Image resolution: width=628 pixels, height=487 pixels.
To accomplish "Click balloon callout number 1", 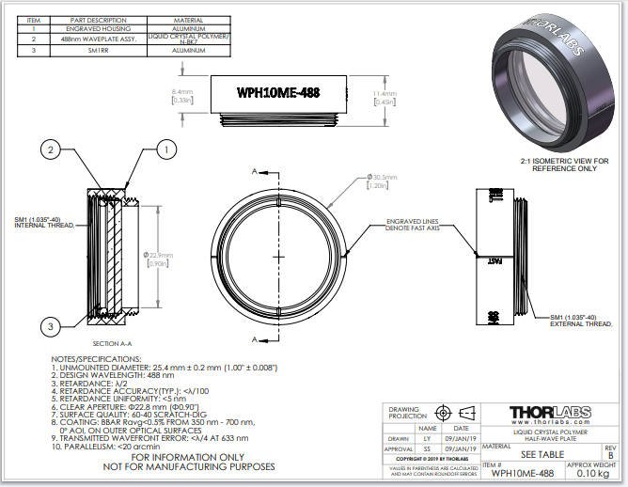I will point(166,149).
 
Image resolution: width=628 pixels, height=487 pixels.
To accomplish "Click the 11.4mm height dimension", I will point(384,98).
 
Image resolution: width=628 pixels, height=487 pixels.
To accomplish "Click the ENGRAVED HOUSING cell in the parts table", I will point(99,29).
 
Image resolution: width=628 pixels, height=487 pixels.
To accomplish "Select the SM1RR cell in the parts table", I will point(99,51).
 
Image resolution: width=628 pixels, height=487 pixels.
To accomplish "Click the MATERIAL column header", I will point(188,20).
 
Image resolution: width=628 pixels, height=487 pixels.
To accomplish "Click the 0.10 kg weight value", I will point(589,473).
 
